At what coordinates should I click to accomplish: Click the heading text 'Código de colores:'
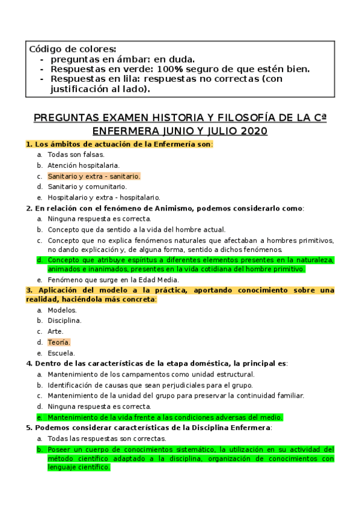click(x=73, y=49)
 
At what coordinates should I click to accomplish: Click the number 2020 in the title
click(x=249, y=131)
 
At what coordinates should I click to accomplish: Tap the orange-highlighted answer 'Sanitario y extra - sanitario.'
click(x=94, y=176)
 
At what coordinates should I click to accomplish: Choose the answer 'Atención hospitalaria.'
click(x=84, y=165)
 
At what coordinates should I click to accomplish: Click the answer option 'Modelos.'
click(x=63, y=310)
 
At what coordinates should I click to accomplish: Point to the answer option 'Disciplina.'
click(x=64, y=321)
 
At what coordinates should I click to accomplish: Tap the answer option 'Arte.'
click(x=56, y=331)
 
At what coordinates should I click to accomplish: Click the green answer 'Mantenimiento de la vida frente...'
click(x=165, y=417)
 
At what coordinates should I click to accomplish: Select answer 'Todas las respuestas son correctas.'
click(x=108, y=438)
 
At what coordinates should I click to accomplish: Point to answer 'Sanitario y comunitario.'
click(x=87, y=186)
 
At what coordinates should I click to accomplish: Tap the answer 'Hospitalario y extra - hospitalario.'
click(x=103, y=197)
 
